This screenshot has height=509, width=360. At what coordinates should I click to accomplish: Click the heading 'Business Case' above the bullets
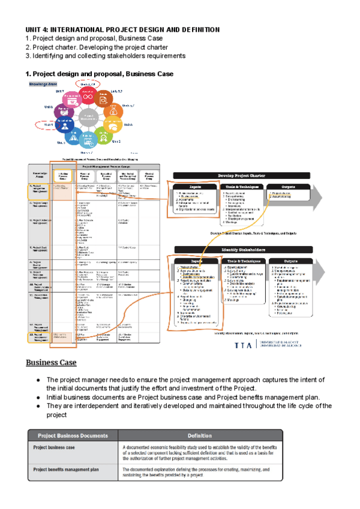pos(51,363)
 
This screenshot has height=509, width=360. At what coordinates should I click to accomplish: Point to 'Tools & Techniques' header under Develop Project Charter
pos(242,187)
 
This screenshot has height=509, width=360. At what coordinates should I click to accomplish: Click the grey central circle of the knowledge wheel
pos(89,118)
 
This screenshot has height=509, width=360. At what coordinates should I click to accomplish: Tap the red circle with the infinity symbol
pos(89,95)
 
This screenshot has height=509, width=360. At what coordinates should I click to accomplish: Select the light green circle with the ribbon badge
pos(102,136)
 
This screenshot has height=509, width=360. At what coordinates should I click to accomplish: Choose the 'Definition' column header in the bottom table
pos(200,435)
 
